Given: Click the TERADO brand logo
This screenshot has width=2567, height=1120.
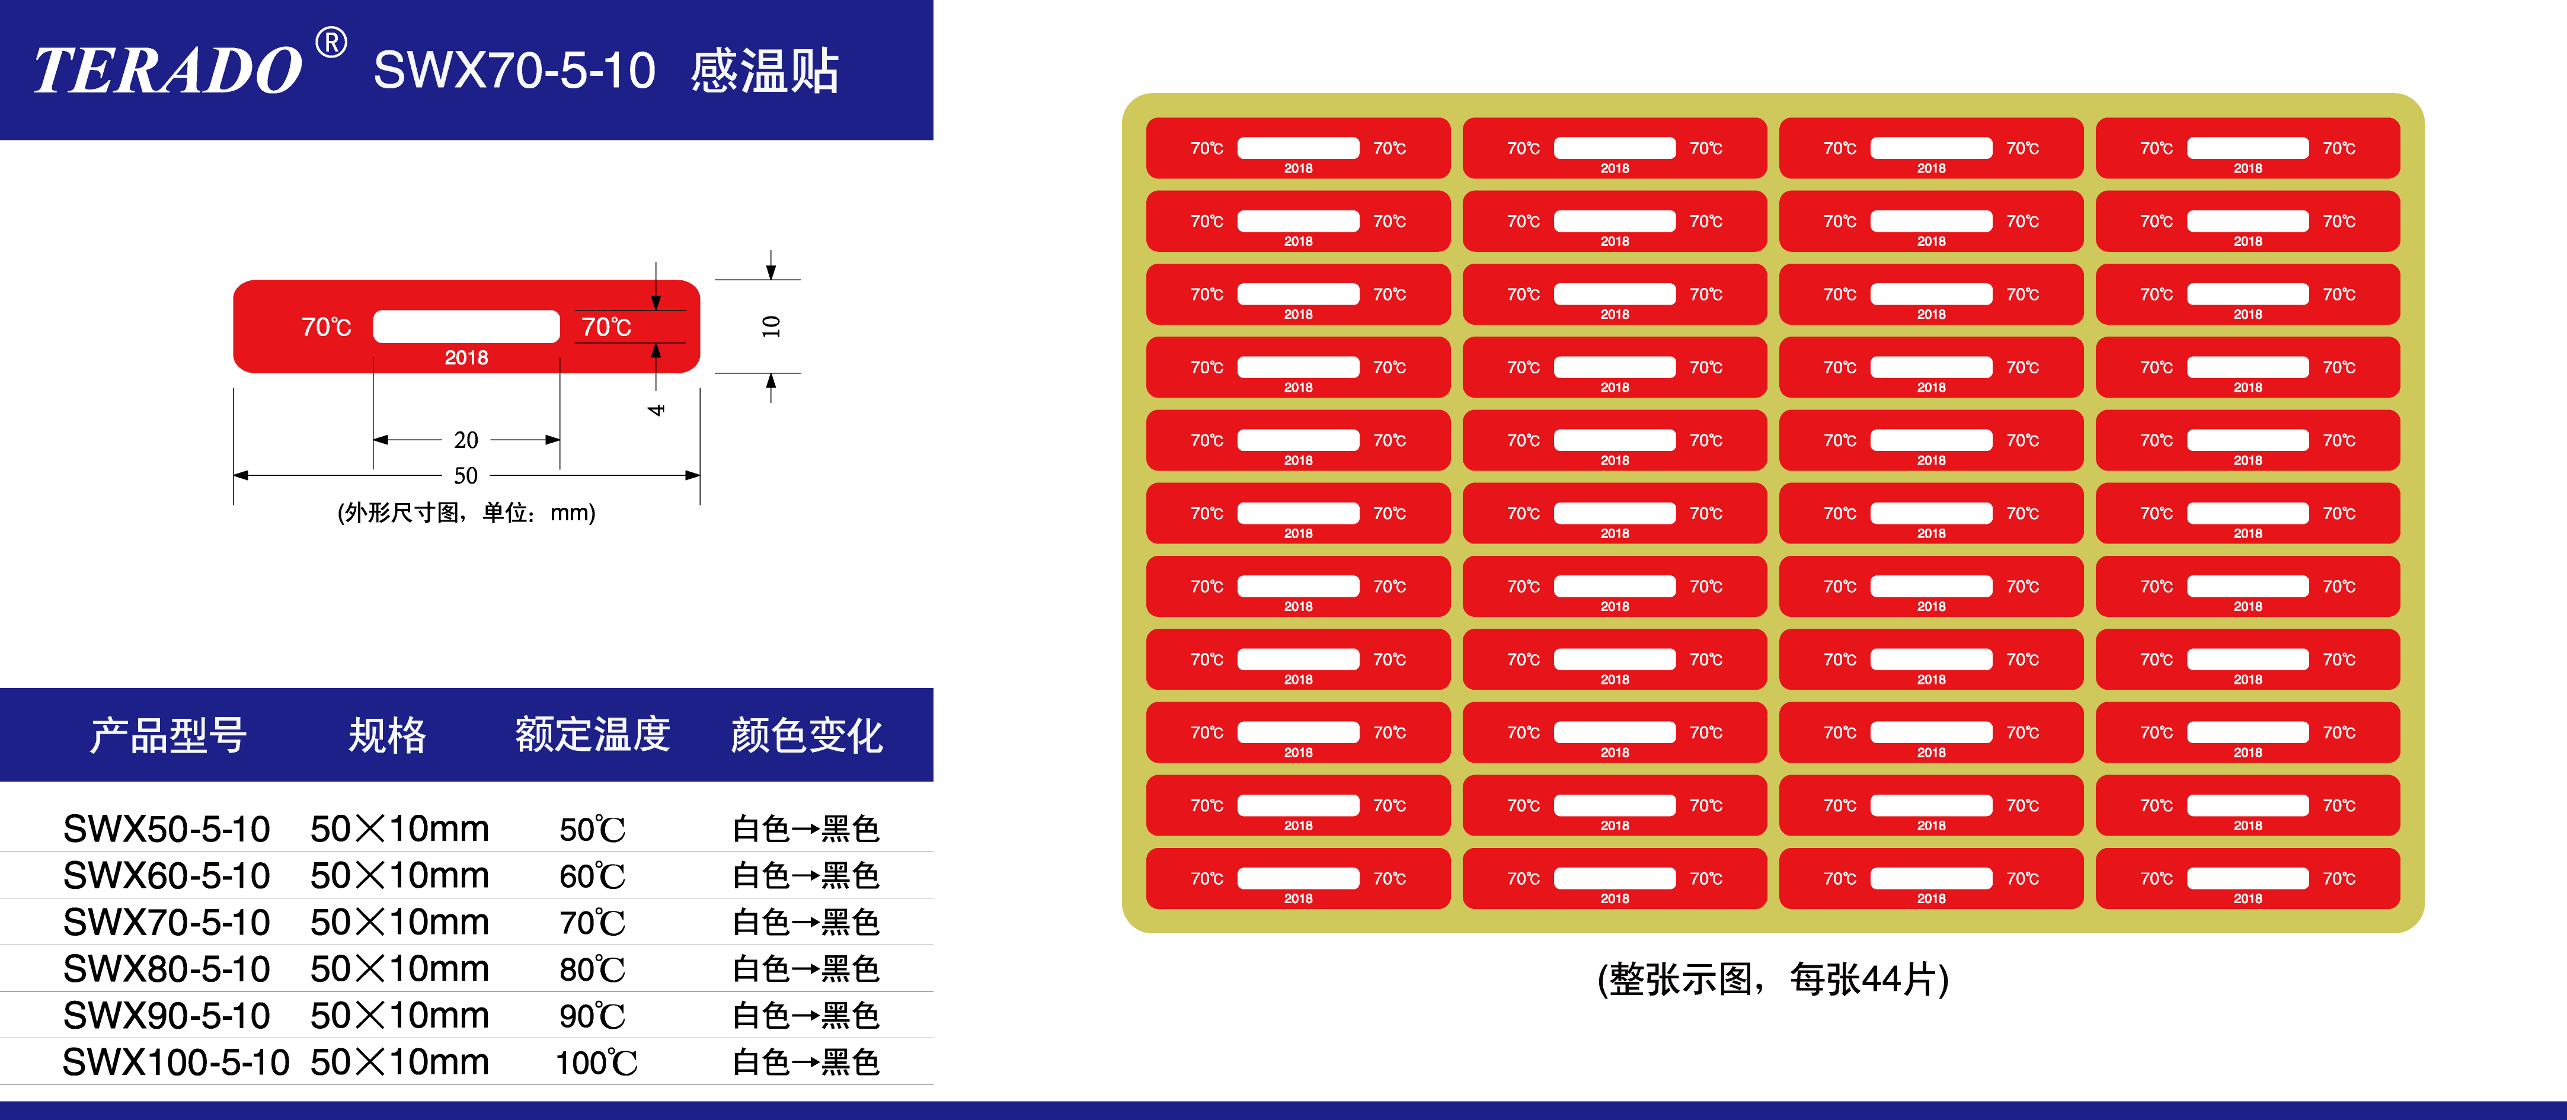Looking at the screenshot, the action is [167, 71].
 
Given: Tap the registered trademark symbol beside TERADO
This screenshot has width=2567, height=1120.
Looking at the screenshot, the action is [331, 43].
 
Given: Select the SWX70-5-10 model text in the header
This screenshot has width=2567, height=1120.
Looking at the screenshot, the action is [514, 71].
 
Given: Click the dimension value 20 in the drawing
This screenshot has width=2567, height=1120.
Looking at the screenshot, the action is [465, 440].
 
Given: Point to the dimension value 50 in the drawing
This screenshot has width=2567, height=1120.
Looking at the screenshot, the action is [465, 475].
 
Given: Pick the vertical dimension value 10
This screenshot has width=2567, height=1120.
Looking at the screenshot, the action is [771, 326].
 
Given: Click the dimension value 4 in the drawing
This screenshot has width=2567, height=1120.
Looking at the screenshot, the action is [656, 409].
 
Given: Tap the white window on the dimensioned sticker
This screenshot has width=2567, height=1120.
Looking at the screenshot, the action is [466, 326].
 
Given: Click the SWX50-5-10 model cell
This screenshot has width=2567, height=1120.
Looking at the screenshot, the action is [167, 828].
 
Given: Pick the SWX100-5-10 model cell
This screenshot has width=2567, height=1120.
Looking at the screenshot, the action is [175, 1062].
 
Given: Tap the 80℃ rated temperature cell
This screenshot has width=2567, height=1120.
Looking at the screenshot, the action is [593, 968].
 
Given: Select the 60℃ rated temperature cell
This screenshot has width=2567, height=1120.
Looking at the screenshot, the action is [593, 876].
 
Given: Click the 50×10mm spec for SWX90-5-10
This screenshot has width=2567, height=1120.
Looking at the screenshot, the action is [399, 1015].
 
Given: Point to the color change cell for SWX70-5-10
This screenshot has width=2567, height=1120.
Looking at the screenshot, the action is [806, 921].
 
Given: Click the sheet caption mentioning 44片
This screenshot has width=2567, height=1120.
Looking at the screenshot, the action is [1773, 978].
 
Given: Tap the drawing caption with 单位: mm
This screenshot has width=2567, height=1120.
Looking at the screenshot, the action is [466, 512].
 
